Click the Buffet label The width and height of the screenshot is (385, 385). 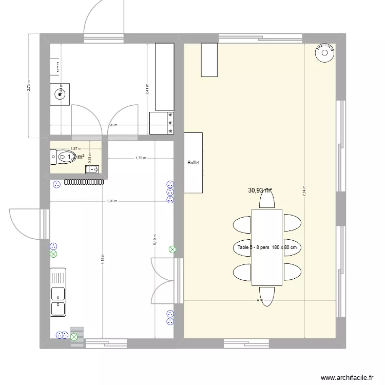(194, 162)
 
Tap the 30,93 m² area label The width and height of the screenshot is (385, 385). (260, 190)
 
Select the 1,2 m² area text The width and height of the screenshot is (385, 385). (76, 157)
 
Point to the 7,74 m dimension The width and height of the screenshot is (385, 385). (304, 191)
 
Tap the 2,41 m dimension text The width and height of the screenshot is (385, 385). (147, 89)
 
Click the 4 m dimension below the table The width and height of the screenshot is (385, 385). (260, 300)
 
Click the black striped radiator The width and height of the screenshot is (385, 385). (85, 181)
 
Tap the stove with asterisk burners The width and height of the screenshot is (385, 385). (162, 124)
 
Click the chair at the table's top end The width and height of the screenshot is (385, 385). (266, 201)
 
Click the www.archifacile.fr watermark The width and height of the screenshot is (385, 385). (346, 378)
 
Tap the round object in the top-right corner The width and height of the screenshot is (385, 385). (324, 52)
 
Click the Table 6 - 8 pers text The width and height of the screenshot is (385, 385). (267, 247)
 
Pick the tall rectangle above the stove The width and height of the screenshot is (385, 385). (164, 76)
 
